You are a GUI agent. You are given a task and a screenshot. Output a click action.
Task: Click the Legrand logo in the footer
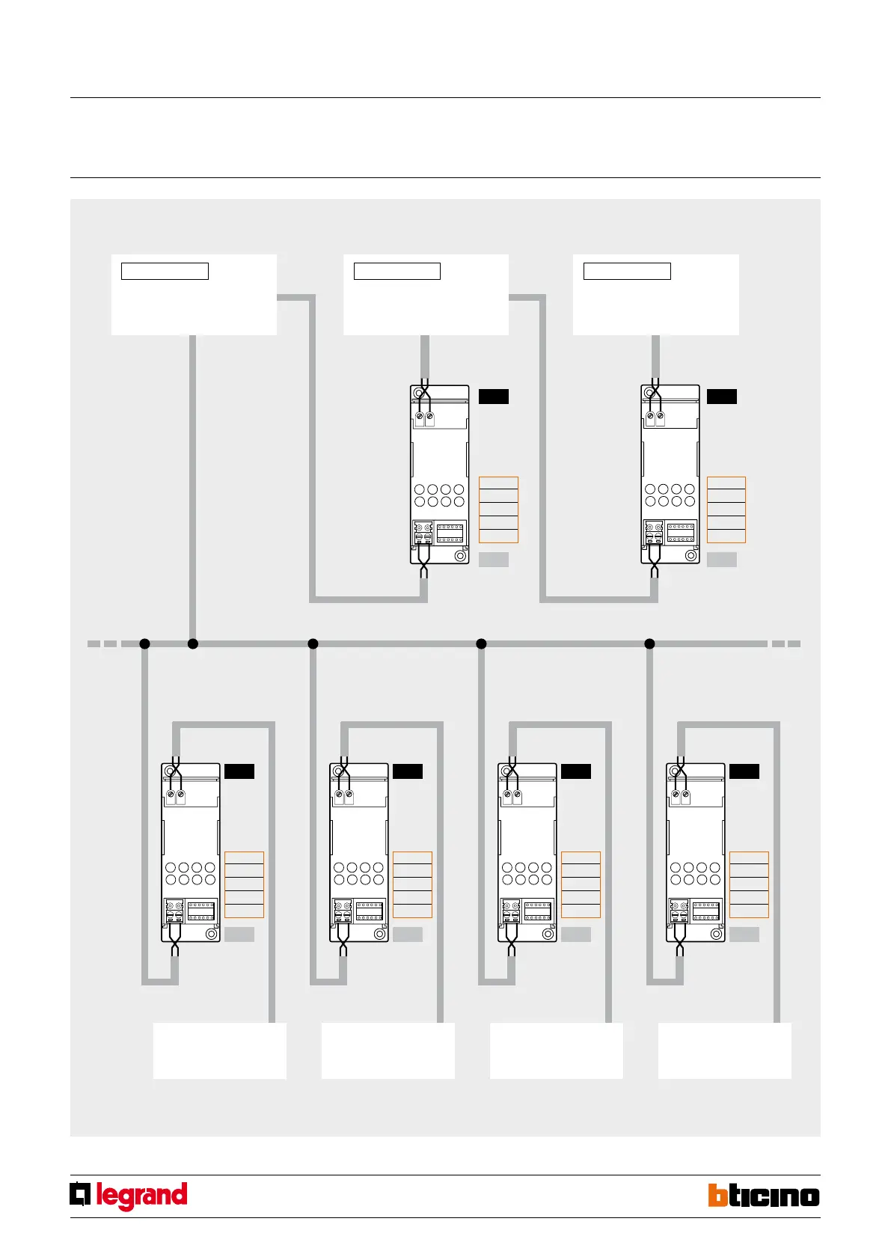[129, 1196]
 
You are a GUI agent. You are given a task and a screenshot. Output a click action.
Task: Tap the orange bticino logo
[764, 1196]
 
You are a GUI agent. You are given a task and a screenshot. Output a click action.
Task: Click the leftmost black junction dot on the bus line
[145, 643]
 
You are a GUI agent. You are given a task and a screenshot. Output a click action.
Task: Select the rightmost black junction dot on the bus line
[649, 643]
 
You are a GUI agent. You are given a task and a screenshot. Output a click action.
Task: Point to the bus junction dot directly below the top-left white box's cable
[192, 643]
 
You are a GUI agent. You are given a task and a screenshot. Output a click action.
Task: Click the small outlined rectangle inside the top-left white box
[165, 271]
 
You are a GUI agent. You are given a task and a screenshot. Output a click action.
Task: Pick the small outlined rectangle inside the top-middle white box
[396, 271]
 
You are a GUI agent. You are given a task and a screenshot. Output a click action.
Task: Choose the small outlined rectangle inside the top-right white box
[627, 271]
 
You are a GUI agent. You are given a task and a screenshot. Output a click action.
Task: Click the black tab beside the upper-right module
[722, 397]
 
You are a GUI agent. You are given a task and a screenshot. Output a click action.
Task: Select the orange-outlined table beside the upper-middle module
[498, 510]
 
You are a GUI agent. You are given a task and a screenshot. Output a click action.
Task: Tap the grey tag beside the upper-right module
[722, 559]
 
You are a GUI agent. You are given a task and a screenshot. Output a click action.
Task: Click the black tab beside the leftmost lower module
[239, 771]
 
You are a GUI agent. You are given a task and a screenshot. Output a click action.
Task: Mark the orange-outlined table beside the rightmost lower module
[749, 884]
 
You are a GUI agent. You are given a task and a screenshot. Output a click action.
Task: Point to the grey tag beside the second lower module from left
[408, 934]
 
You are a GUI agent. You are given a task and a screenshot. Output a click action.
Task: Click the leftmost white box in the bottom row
[219, 1050]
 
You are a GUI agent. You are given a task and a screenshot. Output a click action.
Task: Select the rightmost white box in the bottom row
[724, 1050]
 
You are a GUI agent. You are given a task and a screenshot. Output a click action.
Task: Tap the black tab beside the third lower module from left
[576, 771]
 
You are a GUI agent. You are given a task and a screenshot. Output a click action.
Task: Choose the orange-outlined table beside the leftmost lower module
[244, 884]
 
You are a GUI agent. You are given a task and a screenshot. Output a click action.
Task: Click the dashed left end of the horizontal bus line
[102, 643]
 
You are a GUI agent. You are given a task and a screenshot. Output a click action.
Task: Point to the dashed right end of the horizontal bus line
[786, 643]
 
